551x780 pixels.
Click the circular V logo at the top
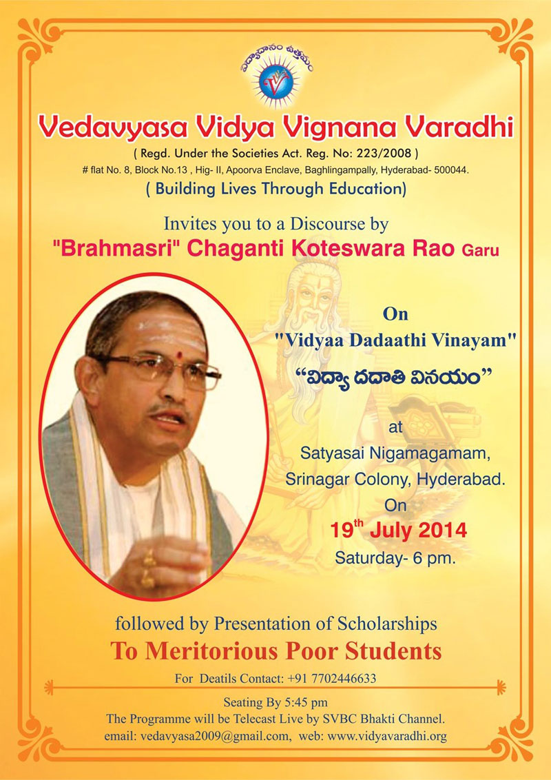click(x=277, y=83)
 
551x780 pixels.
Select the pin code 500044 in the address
click(x=451, y=170)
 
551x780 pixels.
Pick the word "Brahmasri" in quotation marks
click(x=116, y=249)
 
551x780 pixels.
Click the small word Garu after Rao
click(x=480, y=250)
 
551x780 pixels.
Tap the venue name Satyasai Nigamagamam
click(x=396, y=454)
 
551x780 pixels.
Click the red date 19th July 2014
click(x=399, y=530)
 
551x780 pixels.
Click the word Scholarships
click(x=387, y=624)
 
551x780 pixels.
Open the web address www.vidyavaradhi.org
click(x=387, y=736)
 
